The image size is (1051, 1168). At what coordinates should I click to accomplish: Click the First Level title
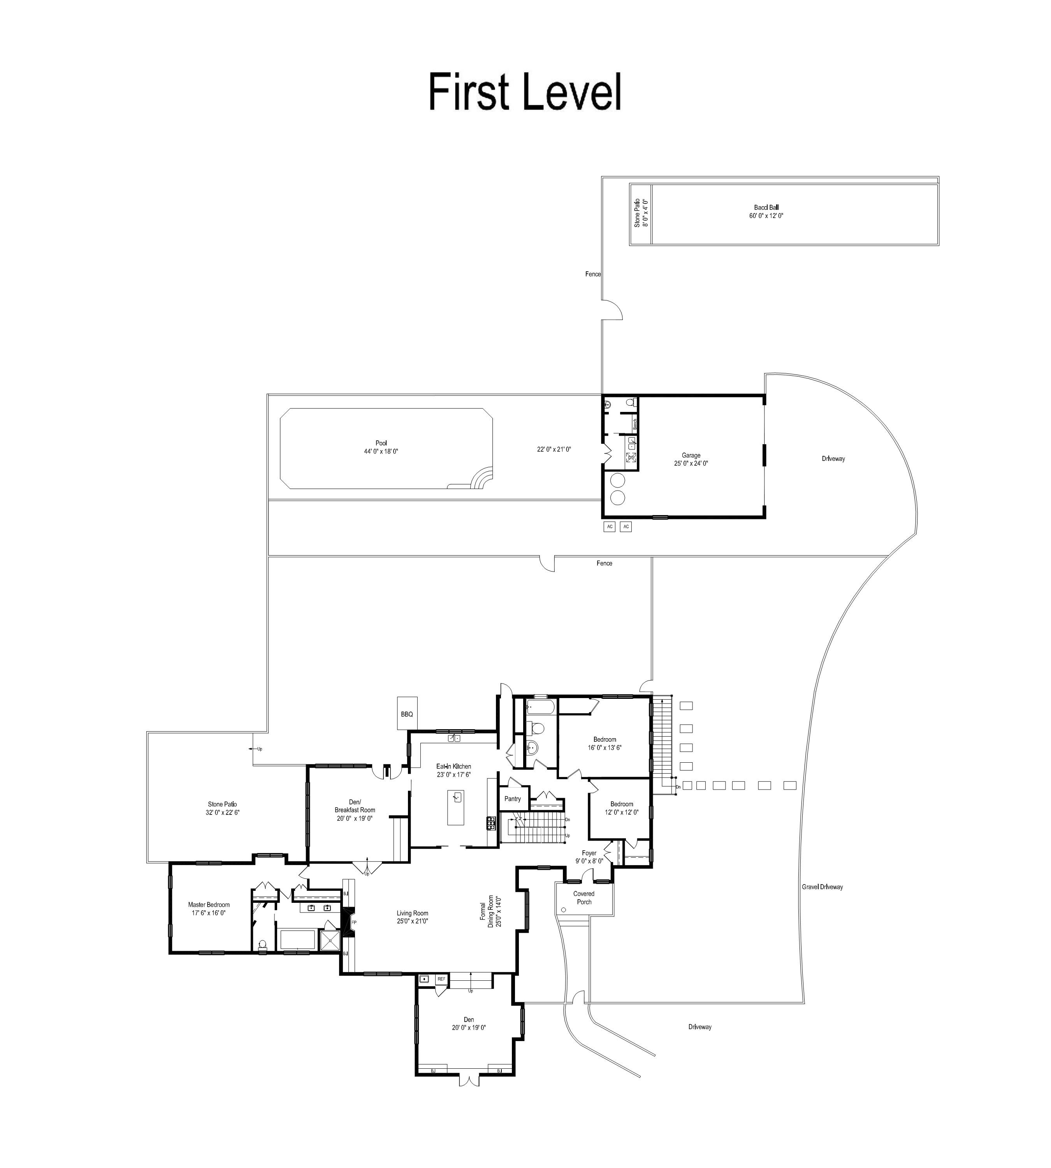coord(525,92)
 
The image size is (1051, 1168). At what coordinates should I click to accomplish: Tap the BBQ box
coord(407,713)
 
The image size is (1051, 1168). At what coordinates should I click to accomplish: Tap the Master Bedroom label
coord(209,904)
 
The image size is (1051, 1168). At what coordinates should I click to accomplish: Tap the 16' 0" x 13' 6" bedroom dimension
coord(605,747)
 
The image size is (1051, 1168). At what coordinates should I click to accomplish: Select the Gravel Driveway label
coord(823,887)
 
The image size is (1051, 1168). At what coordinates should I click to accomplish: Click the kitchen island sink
coord(457,798)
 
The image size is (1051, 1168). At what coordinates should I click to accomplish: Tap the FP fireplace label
coord(354,922)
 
